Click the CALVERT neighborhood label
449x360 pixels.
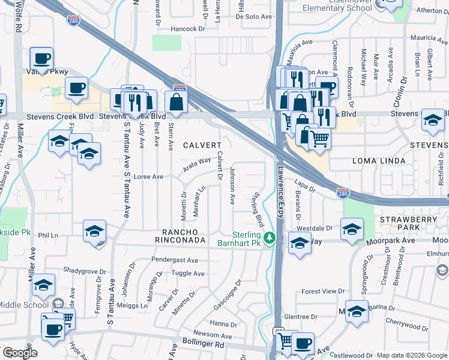[202, 145]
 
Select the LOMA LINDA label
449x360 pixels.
[360, 161]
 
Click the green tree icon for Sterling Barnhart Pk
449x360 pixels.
[270, 238]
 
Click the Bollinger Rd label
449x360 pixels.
[204, 345]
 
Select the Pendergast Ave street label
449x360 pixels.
[175, 260]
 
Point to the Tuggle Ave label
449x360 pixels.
[189, 273]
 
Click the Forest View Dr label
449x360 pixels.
[323, 292]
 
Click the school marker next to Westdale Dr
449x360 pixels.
[352, 229]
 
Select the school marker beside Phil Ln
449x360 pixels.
[95, 232]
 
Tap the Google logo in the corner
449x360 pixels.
[20, 353]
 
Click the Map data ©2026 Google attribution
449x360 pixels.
[412, 355]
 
